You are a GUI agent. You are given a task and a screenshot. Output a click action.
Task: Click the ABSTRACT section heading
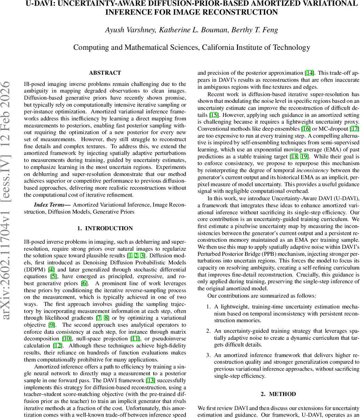pyautogui.click(x=105, y=73)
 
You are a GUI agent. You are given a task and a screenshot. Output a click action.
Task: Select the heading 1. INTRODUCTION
pyautogui.click(x=105, y=229)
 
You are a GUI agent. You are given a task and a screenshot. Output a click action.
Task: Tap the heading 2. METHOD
pyautogui.click(x=278, y=394)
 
